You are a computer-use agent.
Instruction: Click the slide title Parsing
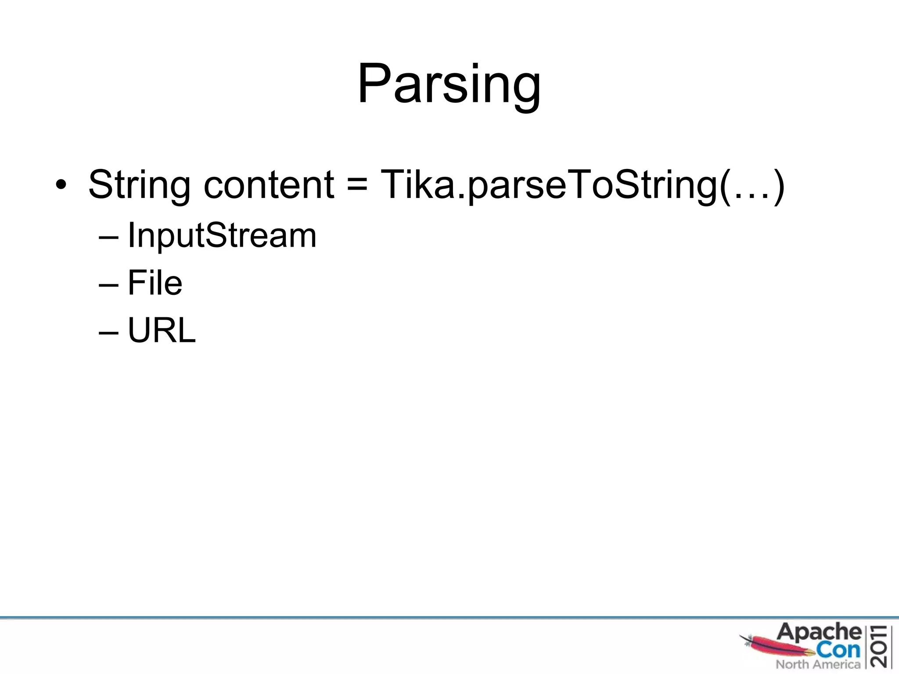pos(449,84)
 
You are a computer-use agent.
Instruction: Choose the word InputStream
pos(222,236)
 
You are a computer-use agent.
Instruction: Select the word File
pos(155,283)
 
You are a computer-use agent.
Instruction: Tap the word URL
pos(161,330)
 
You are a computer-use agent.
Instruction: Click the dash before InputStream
pos(108,237)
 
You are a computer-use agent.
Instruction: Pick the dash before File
pos(108,285)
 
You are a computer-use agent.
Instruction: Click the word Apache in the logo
pos(819,633)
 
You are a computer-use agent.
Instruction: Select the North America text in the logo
pos(817,664)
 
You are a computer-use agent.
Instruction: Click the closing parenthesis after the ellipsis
pos(778,186)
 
